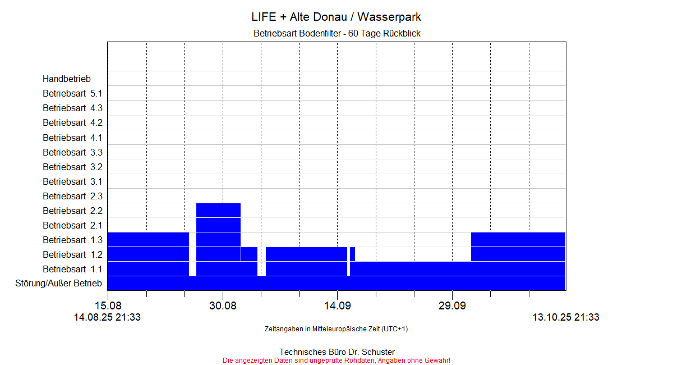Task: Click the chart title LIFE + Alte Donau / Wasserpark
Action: tap(336, 17)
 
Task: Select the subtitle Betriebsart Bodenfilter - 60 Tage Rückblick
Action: tap(336, 34)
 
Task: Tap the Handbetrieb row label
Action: tap(66, 79)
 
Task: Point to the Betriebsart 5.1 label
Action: tap(72, 94)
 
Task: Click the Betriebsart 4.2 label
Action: tap(72, 123)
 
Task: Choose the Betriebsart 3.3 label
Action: tap(72, 152)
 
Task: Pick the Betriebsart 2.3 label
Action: tap(72, 196)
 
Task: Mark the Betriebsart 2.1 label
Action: tap(72, 225)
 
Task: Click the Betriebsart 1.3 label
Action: tap(72, 240)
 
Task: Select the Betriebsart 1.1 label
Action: tap(72, 269)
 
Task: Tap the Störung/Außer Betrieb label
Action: tap(58, 283)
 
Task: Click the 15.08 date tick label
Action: tap(108, 306)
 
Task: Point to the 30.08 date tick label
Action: tap(223, 306)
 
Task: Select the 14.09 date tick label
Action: tap(337, 306)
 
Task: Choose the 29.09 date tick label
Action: tap(452, 306)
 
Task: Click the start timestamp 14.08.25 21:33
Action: tap(107, 317)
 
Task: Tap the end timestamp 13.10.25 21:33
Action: tap(566, 317)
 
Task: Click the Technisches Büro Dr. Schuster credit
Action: tap(336, 352)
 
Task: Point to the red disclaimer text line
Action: tap(336, 360)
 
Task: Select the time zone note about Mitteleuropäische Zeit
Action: tap(336, 329)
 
